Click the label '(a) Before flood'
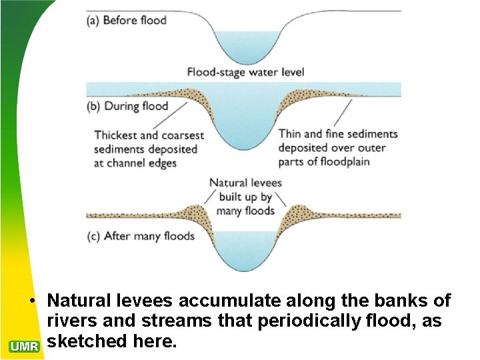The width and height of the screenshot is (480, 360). click(x=127, y=20)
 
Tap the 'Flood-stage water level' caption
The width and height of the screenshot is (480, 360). click(x=244, y=72)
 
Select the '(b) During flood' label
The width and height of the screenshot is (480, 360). click(x=128, y=106)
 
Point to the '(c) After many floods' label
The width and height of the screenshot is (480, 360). click(x=141, y=236)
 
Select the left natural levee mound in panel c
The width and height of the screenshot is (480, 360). click(x=194, y=212)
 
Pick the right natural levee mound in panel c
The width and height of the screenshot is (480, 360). click(x=294, y=212)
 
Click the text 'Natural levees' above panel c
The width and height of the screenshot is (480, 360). click(x=245, y=183)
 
